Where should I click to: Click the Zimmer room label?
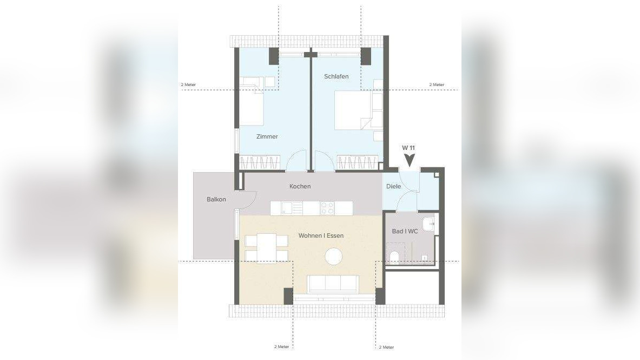click(267, 136)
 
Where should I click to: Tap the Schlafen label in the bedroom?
click(337, 76)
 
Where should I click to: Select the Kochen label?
click(300, 186)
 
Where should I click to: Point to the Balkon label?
click(216, 199)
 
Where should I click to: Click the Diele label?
click(393, 186)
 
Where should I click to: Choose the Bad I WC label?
click(405, 231)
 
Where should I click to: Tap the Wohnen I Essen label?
click(321, 236)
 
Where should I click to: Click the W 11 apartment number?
click(408, 148)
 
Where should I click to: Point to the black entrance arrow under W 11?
click(408, 160)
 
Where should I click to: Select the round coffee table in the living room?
click(333, 257)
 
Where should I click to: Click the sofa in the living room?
click(333, 284)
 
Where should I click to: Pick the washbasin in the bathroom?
click(428, 224)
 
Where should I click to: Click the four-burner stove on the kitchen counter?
click(327, 208)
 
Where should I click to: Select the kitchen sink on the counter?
click(287, 208)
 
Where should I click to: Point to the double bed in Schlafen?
click(353, 110)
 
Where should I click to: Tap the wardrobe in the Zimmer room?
click(260, 162)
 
